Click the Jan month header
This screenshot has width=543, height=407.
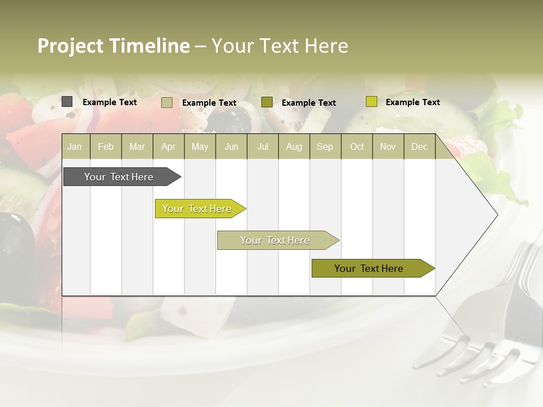click(75, 146)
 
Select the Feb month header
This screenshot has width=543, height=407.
click(106, 146)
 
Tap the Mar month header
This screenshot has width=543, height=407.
click(137, 146)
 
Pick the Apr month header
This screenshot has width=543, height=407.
click(168, 146)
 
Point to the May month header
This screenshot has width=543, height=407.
click(200, 146)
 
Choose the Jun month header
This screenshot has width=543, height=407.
click(231, 146)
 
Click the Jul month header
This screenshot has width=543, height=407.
click(262, 146)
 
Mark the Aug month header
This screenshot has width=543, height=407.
click(294, 146)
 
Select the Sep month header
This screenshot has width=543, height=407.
click(325, 146)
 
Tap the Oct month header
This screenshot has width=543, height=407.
click(357, 146)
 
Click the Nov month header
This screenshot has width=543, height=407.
click(388, 146)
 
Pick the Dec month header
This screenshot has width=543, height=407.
click(420, 146)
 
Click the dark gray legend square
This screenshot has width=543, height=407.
click(67, 102)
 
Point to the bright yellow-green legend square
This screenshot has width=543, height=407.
click(371, 102)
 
